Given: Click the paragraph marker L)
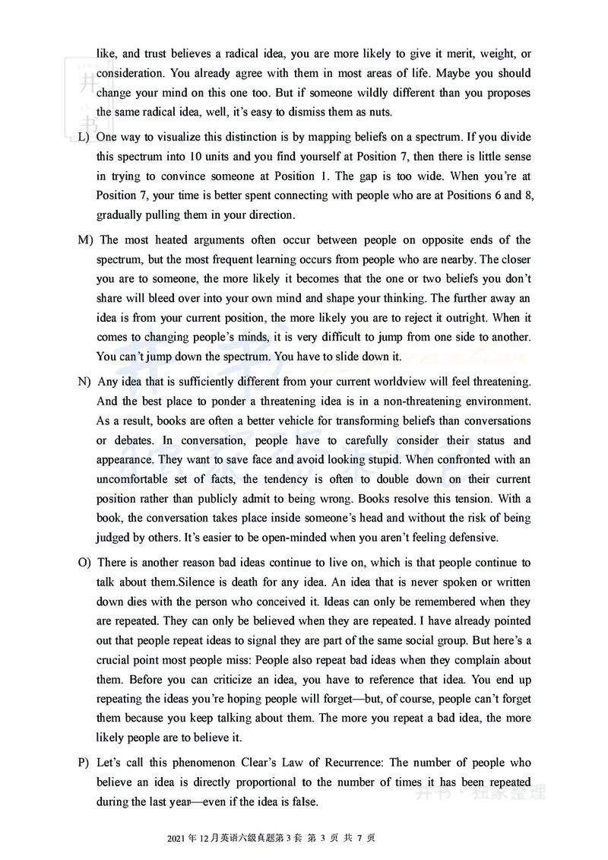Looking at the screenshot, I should coord(84,137).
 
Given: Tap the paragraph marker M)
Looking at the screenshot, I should coord(86,240).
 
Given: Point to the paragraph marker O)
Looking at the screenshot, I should coord(84,563).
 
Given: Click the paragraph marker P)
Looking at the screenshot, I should coord(84,763).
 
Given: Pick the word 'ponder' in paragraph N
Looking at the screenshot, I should coord(216,401).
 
